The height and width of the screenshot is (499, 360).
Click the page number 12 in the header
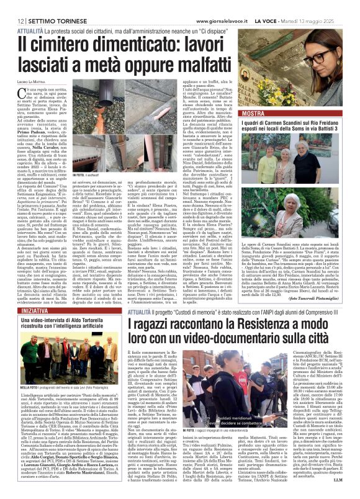click(11, 6)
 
